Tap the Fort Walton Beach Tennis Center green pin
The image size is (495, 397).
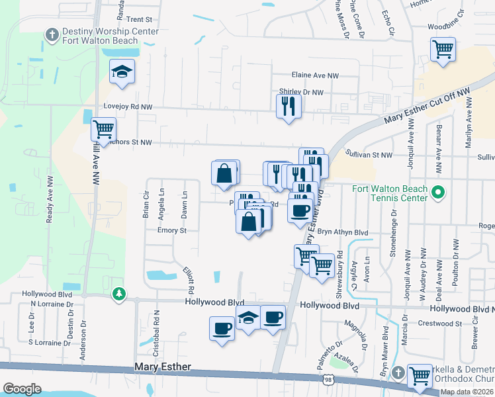pos(437,193)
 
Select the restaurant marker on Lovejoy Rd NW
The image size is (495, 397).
pos(289,106)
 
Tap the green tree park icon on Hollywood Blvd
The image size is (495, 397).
pos(118,293)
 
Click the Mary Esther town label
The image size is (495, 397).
pos(163,367)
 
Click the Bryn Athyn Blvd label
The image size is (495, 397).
pos(342,232)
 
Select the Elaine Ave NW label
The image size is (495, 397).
pos(314,76)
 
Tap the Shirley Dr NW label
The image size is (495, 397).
pos(300,93)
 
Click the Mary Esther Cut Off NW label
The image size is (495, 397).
pos(426,108)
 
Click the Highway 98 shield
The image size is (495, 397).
pos(328,380)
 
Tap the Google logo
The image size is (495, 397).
pos(21,388)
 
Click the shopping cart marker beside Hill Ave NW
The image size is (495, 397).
pos(103,129)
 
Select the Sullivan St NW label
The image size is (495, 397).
pos(369,154)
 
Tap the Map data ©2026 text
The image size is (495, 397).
pos(466,392)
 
